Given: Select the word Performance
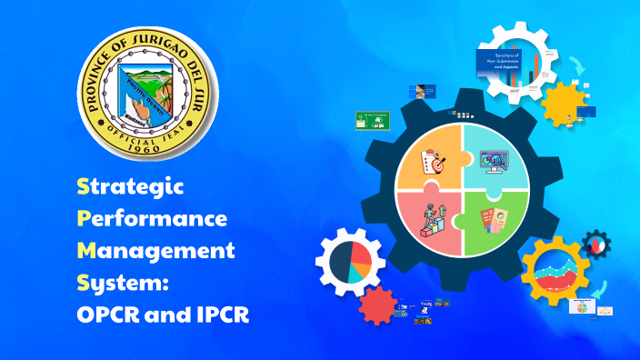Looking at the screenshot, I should [152, 219].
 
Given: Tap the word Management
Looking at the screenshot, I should [155, 250].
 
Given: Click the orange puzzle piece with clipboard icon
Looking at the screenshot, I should [430, 161].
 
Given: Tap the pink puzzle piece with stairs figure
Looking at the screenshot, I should [430, 222].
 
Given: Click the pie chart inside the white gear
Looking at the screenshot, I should [350, 264].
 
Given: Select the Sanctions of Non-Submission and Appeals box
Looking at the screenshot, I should [502, 65].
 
